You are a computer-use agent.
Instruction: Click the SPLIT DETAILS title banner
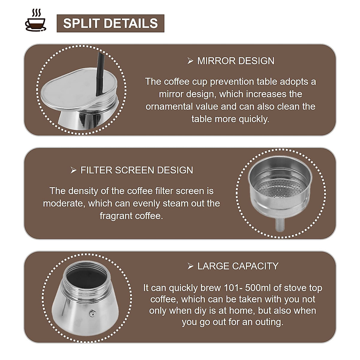coord(110,23)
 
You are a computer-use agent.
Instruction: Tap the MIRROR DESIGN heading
coord(235,61)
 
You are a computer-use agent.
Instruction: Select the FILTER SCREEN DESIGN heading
coord(136,170)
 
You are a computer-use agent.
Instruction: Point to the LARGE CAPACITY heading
coord(238,266)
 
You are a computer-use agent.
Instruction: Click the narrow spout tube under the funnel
coord(280,223)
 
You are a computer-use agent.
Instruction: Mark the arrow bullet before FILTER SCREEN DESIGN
coord(73,170)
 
